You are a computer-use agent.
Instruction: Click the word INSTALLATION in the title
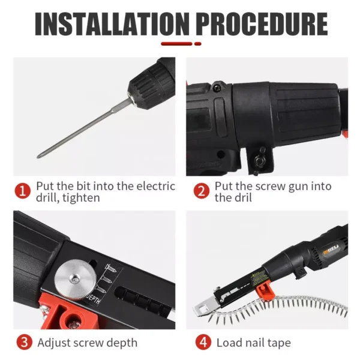pyautogui.click(x=112, y=24)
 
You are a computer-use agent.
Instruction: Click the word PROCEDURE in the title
pyautogui.click(x=262, y=24)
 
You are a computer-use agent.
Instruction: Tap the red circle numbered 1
pyautogui.click(x=23, y=191)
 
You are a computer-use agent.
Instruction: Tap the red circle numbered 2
pyautogui.click(x=201, y=191)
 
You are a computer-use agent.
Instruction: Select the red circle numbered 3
pyautogui.click(x=25, y=343)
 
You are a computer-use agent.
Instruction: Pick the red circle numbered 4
pyautogui.click(x=203, y=343)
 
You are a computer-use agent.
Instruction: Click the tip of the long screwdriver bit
pyautogui.click(x=38, y=157)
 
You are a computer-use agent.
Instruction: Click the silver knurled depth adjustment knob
pyautogui.click(x=76, y=280)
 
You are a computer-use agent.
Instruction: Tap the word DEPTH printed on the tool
pyautogui.click(x=94, y=298)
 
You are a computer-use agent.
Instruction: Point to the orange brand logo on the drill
pyautogui.click(x=331, y=250)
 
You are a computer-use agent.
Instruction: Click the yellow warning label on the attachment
pyautogui.click(x=259, y=278)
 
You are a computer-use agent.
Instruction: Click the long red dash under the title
pyautogui.click(x=176, y=44)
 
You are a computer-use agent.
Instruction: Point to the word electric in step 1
pyautogui.click(x=156, y=186)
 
